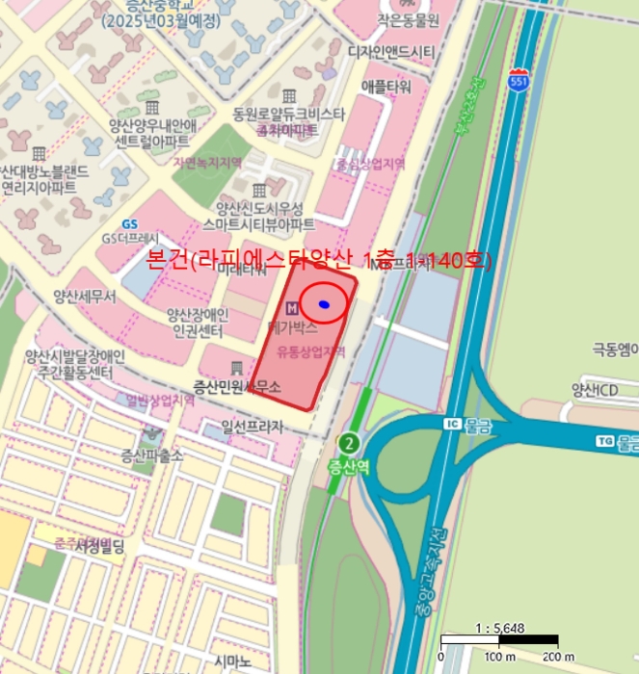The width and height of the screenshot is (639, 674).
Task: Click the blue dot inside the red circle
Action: [x=325, y=304]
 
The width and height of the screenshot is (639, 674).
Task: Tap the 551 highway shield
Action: [x=519, y=77]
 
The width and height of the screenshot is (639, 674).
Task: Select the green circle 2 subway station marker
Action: [x=349, y=444]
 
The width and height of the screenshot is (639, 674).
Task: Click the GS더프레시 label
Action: [x=130, y=238]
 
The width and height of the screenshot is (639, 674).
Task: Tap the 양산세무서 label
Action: [x=86, y=298]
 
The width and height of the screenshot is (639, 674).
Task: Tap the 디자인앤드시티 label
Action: [x=380, y=51]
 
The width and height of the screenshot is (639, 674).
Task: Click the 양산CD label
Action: [x=595, y=390]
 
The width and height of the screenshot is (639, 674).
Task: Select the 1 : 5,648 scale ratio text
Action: [x=500, y=628]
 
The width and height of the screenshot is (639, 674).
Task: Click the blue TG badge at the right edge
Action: [x=605, y=441]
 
